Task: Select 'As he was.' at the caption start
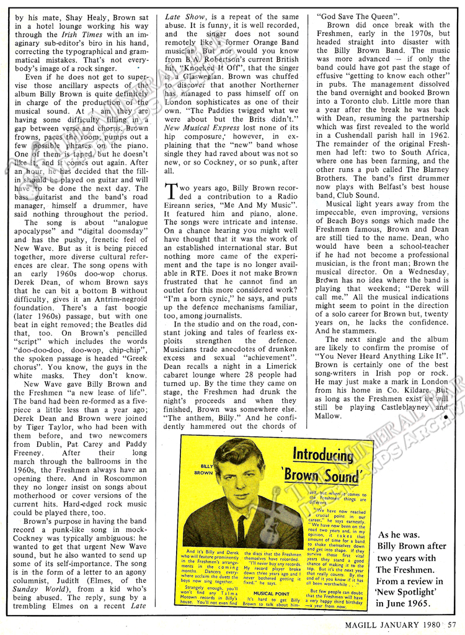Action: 401,534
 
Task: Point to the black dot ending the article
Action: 445,417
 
